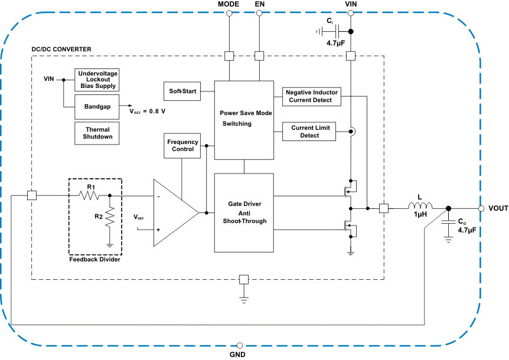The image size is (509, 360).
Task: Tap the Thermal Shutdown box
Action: pyautogui.click(x=97, y=133)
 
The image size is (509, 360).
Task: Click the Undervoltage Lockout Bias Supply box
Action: pyautogui.click(x=97, y=78)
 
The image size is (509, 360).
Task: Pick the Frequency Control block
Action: pyautogui.click(x=182, y=146)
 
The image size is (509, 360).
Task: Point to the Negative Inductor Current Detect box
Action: pyautogui.click(x=312, y=96)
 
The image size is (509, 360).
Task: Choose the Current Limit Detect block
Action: pyautogui.click(x=309, y=132)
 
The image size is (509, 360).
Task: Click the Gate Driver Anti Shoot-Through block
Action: pyautogui.click(x=243, y=212)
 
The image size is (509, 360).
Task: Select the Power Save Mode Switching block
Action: pyautogui.click(x=243, y=120)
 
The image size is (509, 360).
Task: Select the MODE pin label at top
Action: pyautogui.click(x=229, y=4)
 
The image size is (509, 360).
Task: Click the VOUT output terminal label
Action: pyautogui.click(x=498, y=208)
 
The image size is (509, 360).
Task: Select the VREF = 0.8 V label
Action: pyautogui.click(x=147, y=110)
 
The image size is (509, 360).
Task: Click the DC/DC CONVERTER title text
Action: pyautogui.click(x=61, y=48)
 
